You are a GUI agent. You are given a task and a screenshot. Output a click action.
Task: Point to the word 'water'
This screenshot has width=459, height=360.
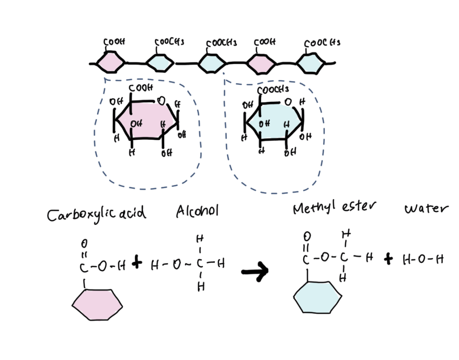pos(426,208)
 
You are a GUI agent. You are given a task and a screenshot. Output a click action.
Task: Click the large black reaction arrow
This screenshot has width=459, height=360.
pos(255,272)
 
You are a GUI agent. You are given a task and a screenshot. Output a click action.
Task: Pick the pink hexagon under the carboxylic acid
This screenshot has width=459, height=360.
pos(97,305)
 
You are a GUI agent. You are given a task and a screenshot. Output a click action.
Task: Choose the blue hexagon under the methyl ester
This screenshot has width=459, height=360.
pos(318,297)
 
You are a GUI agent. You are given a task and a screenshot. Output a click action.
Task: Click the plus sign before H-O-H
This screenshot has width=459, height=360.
pos(388,258)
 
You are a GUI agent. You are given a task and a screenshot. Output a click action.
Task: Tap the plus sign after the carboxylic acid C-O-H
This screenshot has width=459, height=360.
pos(137,263)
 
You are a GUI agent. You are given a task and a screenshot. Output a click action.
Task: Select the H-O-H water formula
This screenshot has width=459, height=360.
pos(423,259)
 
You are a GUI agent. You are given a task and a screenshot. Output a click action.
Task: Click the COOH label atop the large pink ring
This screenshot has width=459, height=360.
pos(141,87)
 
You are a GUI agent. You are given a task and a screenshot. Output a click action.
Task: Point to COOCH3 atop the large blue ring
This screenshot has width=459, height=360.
pos(273,89)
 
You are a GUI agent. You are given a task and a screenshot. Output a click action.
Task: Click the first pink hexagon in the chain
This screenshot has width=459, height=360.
pos(111,62)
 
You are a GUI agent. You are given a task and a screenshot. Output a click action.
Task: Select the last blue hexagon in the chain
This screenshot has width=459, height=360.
pos(310,63)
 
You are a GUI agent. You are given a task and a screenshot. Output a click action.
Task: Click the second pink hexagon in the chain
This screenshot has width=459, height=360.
pos(261,64)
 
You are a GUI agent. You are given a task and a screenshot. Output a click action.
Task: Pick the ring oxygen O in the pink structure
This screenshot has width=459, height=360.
pos(161,101)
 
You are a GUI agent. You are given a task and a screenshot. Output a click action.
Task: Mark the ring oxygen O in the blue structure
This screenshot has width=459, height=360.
pos(288,102)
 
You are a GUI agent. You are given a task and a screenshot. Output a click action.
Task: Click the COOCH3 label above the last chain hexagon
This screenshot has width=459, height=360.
pos(322,43)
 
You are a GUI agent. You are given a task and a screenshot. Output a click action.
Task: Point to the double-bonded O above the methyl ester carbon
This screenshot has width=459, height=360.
pos(307,236)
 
